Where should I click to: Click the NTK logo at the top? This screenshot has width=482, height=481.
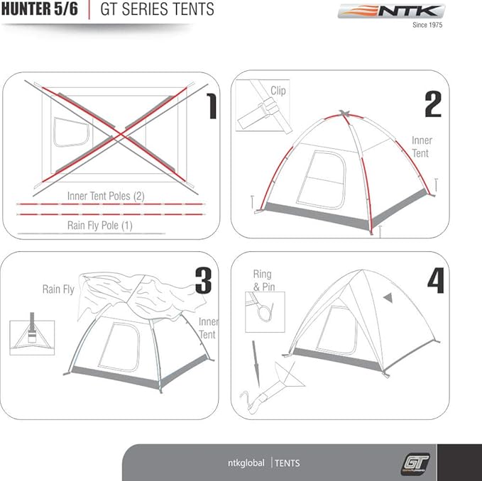(x=390, y=12)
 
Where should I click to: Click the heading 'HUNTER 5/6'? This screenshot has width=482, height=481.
(x=39, y=9)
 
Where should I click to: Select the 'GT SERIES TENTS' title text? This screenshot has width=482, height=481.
(x=157, y=9)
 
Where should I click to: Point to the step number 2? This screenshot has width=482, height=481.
(x=432, y=104)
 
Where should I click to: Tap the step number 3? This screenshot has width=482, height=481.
(x=203, y=281)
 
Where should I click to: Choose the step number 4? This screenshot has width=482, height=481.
(x=435, y=281)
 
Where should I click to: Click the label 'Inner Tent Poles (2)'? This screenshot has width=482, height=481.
(x=106, y=195)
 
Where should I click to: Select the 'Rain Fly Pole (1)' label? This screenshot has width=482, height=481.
(x=99, y=226)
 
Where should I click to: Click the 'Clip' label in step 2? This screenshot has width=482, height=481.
(x=278, y=91)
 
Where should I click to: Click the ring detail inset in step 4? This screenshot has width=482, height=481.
(x=265, y=311)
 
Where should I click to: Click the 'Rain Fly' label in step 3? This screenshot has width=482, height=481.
(x=58, y=289)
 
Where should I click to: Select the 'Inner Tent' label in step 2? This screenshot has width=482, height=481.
(x=422, y=147)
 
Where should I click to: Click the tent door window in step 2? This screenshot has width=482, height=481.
(x=321, y=179)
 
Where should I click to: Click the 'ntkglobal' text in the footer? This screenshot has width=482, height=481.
(x=241, y=463)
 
